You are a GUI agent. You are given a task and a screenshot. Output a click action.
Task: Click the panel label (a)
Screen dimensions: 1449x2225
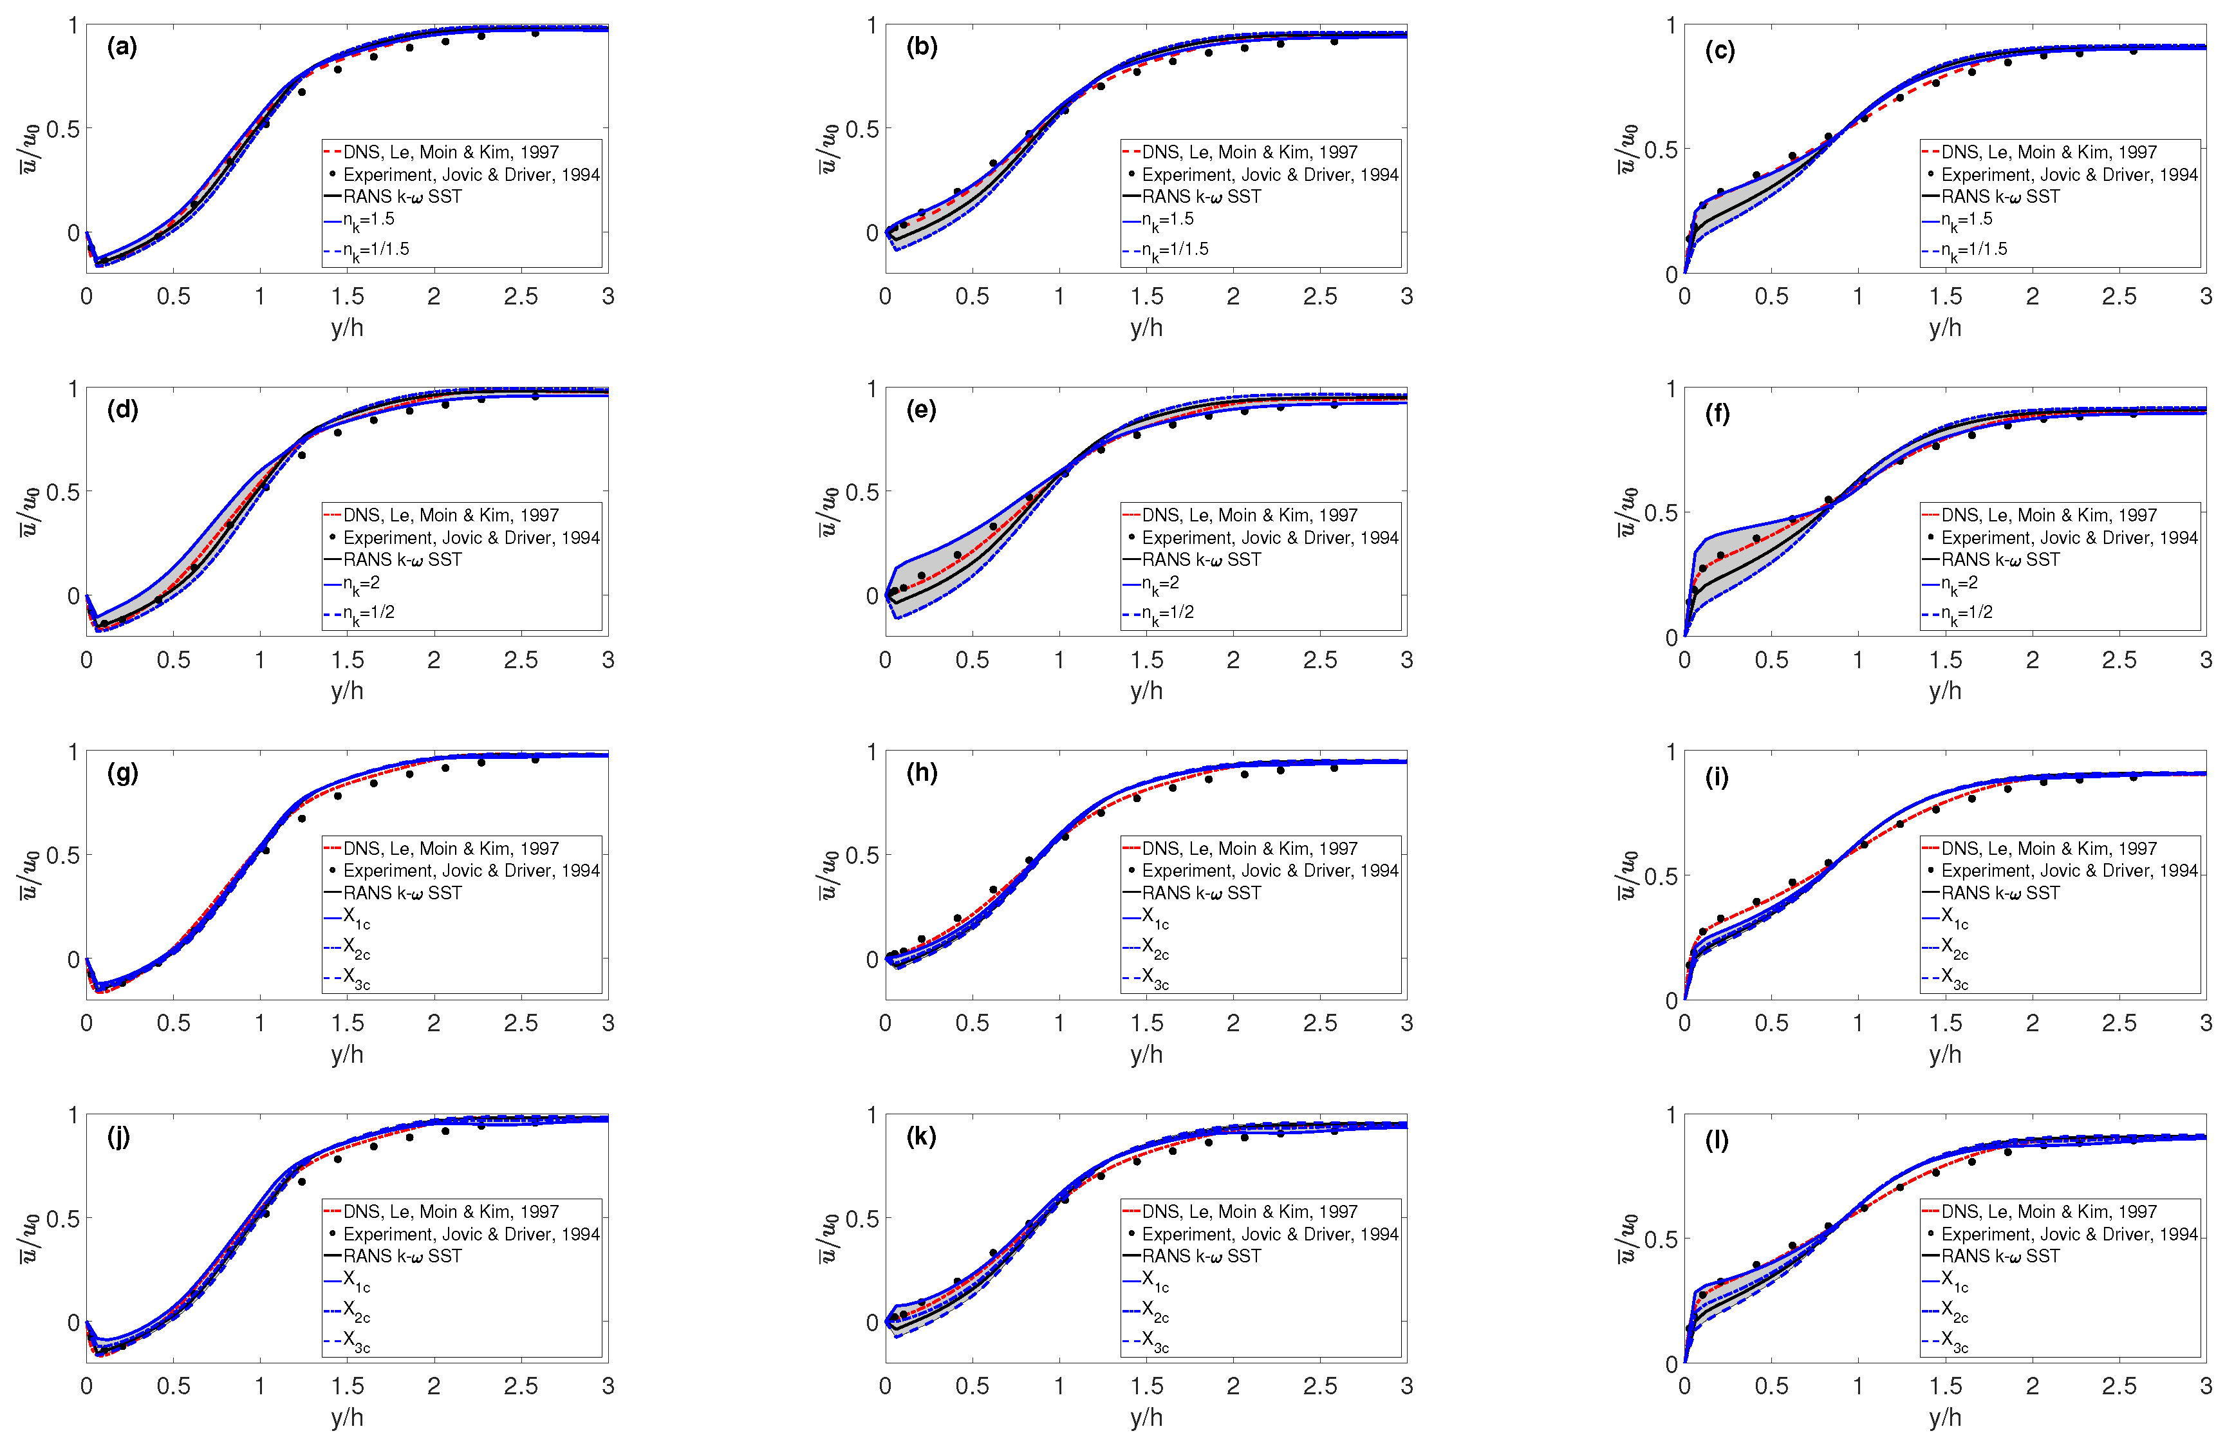[122, 47]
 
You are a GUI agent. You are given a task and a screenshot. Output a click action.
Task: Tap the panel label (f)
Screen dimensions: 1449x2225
[1717, 413]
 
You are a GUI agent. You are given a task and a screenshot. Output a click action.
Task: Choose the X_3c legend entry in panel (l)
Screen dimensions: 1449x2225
[1954, 1341]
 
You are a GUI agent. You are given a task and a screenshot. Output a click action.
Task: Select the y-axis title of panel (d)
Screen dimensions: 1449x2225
[29, 511]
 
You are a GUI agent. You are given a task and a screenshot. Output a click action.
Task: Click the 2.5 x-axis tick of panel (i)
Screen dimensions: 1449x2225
[2118, 1023]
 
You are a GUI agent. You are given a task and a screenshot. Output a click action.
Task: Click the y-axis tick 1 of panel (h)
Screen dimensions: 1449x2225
[871, 752]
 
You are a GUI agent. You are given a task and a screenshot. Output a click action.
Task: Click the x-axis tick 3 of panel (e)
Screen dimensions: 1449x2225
[1406, 660]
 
